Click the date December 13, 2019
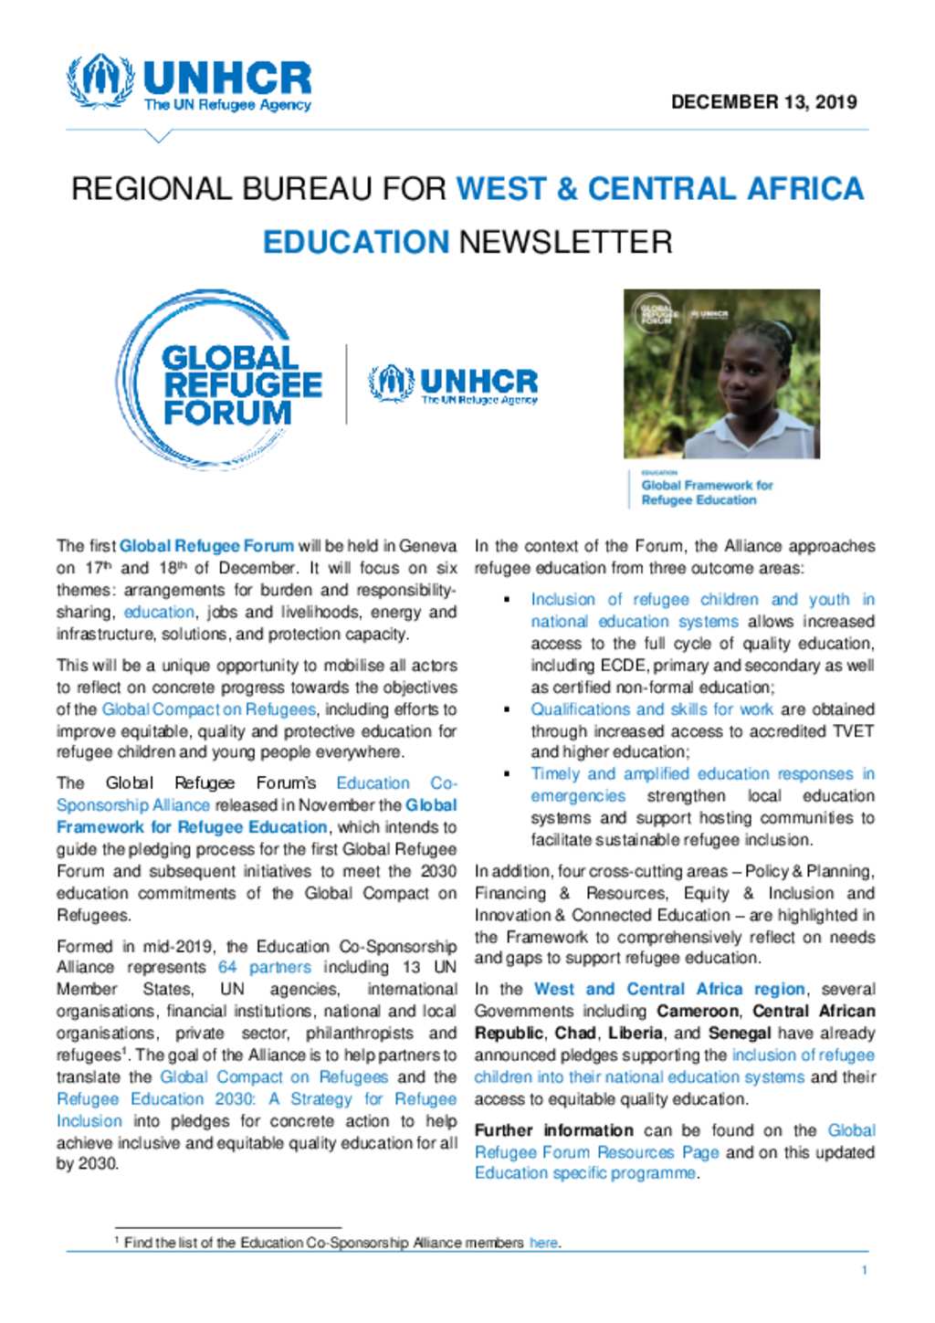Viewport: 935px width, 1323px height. point(763,102)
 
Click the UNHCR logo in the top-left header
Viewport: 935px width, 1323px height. point(189,84)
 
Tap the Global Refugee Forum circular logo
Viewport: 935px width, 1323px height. point(219,382)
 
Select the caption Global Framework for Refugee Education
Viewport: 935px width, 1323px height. point(706,493)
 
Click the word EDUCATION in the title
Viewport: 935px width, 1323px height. point(355,242)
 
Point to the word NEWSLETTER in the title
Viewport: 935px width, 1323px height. point(565,242)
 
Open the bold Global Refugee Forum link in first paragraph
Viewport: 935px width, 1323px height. point(206,546)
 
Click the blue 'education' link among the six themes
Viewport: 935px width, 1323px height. point(159,612)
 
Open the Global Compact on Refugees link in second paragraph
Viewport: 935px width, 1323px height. point(208,709)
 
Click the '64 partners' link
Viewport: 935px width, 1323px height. point(264,967)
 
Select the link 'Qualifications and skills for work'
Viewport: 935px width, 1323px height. point(651,709)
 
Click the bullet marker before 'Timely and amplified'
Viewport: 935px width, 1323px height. point(507,774)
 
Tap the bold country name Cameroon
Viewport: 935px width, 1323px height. point(699,1011)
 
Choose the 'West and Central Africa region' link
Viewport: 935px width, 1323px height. point(669,989)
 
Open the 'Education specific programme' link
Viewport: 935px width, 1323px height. point(584,1173)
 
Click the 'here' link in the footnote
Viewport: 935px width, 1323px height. point(543,1243)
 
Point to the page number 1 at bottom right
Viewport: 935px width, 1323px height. point(864,1270)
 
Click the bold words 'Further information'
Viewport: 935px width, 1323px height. point(553,1130)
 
